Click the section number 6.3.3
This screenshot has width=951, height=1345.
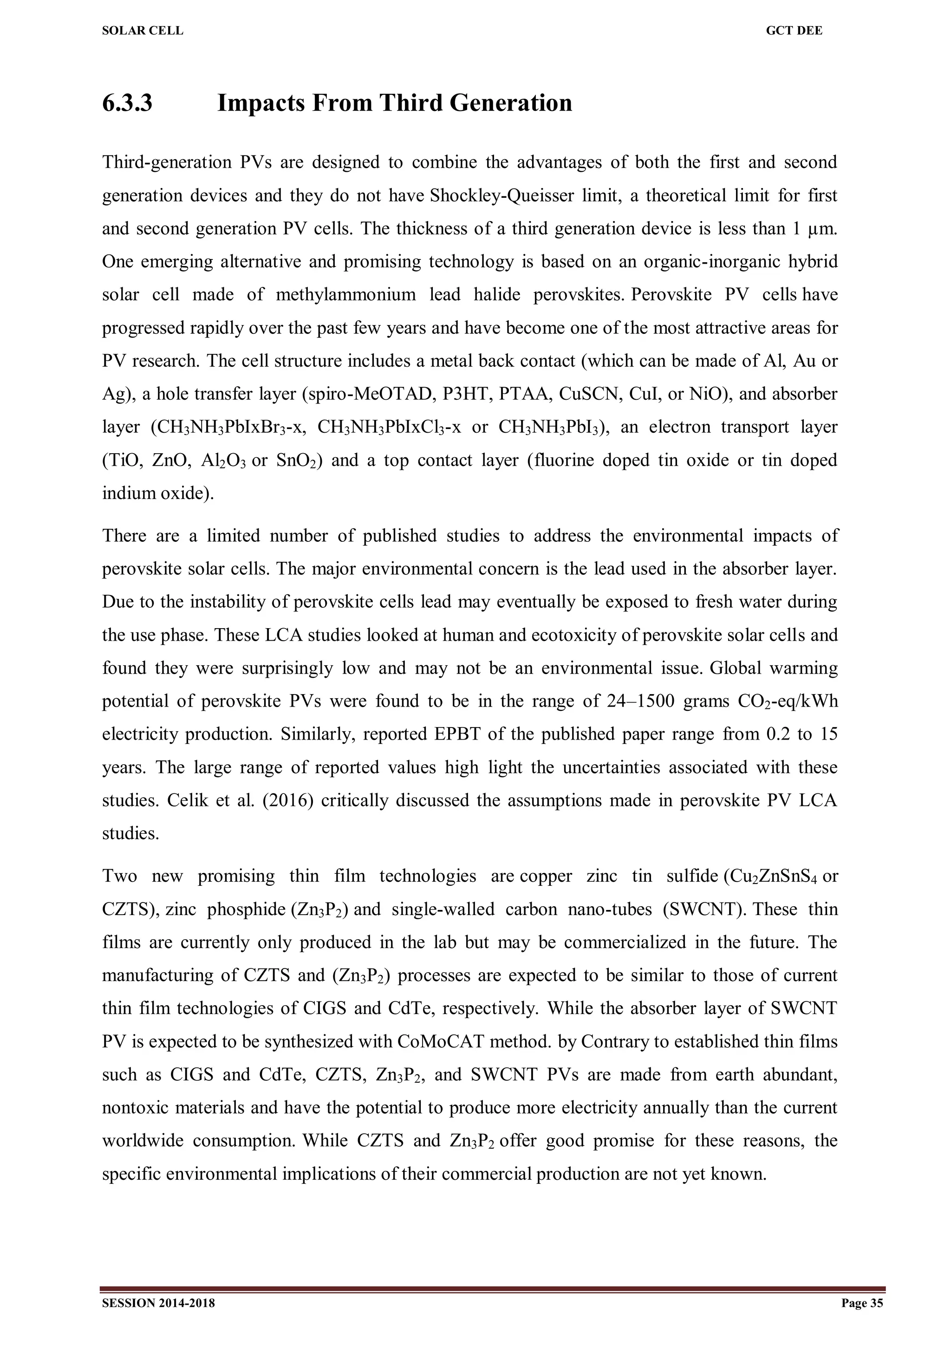click(127, 103)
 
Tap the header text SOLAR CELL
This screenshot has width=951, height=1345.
click(143, 31)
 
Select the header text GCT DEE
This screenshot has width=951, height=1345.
click(794, 31)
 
